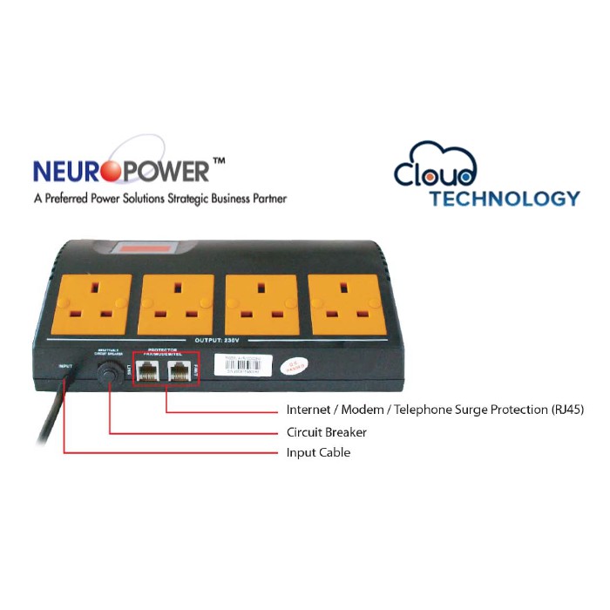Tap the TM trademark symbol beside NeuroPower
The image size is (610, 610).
click(219, 162)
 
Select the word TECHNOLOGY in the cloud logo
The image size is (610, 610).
click(504, 198)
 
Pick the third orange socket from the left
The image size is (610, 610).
click(262, 304)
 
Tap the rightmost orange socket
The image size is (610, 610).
click(348, 304)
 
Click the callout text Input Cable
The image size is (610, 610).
click(318, 453)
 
